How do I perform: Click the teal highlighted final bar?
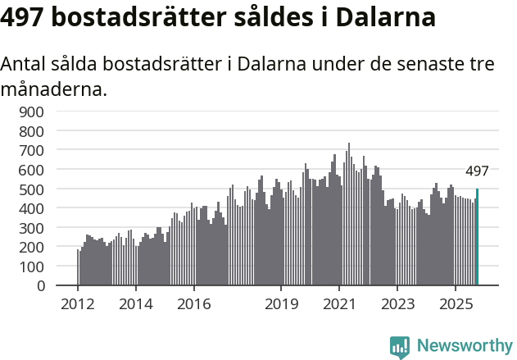point(477,238)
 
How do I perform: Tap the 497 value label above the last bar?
point(477,172)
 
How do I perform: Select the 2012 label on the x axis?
point(78,304)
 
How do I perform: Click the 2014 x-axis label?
point(136,304)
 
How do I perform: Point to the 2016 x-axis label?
point(193,304)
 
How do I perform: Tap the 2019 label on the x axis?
point(281,304)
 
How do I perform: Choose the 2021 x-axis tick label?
point(339,304)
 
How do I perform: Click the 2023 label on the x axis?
point(397,304)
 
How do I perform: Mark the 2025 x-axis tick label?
point(456,304)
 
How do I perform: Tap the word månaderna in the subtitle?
point(54,89)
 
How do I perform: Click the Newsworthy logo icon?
point(400,346)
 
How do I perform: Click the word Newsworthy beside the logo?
point(464,346)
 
